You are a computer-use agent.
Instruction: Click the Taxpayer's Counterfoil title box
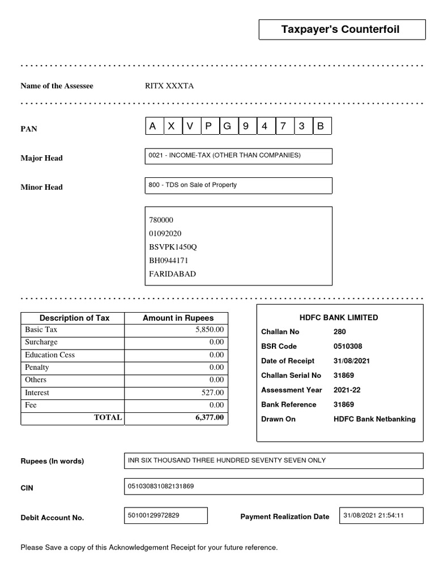coord(341,29)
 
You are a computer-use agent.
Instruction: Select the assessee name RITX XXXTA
coord(169,86)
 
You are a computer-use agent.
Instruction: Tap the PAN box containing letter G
coord(228,127)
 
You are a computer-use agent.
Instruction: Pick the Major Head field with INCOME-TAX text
coord(238,156)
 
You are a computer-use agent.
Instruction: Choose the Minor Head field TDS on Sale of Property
coord(238,185)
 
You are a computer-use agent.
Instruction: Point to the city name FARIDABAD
coord(172,274)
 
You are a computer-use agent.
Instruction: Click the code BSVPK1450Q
coord(173,247)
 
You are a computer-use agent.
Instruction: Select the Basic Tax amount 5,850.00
coord(210,330)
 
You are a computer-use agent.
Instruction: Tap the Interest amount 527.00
coord(213,393)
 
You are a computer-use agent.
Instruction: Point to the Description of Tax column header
coord(74,318)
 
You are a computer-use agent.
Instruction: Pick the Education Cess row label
coord(50,355)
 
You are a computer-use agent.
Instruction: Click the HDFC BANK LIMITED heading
coord(340,318)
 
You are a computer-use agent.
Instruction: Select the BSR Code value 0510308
coord(348,346)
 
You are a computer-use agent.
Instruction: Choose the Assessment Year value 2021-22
coord(347,390)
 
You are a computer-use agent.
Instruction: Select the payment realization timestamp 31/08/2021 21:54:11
coord(374,515)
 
